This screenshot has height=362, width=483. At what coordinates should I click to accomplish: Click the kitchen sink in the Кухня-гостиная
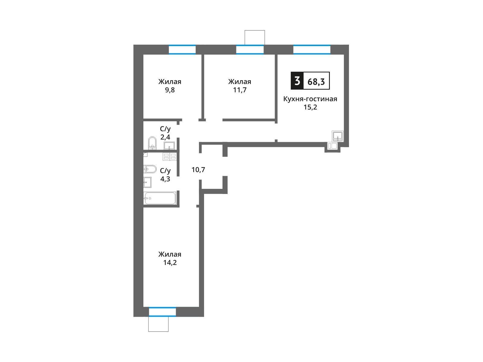pyautogui.click(x=337, y=136)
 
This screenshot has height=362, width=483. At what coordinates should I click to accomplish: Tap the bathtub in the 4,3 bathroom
pyautogui.click(x=159, y=198)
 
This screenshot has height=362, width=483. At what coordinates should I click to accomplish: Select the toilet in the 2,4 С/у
pyautogui.click(x=152, y=143)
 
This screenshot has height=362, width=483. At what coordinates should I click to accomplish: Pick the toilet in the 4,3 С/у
pyautogui.click(x=150, y=169)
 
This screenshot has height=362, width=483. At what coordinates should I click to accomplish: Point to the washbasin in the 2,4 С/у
pyautogui.click(x=169, y=145)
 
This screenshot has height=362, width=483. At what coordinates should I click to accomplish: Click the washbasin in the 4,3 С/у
pyautogui.click(x=147, y=182)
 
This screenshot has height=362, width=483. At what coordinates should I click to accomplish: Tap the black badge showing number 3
pyautogui.click(x=297, y=81)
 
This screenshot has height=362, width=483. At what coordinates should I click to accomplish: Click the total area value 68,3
pyautogui.click(x=316, y=81)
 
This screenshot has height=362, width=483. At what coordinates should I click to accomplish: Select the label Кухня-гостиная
pyautogui.click(x=310, y=99)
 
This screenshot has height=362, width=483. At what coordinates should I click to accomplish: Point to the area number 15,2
pyautogui.click(x=310, y=107)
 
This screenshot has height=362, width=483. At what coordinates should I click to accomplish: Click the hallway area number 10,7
pyautogui.click(x=198, y=170)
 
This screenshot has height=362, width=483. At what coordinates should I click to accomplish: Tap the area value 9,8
pyautogui.click(x=170, y=90)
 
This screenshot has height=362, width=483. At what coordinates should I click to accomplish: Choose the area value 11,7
pyautogui.click(x=240, y=90)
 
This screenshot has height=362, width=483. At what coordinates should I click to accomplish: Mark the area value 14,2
pyautogui.click(x=170, y=262)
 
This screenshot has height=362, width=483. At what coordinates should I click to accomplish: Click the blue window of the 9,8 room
pyautogui.click(x=182, y=49)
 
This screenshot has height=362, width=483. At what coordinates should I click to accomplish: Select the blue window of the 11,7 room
pyautogui.click(x=250, y=49)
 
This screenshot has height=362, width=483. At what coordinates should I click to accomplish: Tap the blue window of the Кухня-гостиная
pyautogui.click(x=312, y=49)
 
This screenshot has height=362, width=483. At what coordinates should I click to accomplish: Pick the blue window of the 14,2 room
pyautogui.click(x=162, y=312)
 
